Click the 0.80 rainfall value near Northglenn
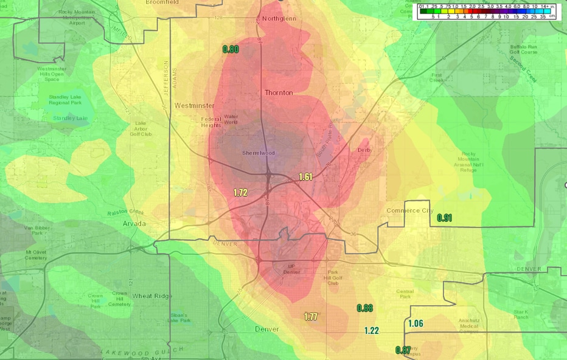point(231,49)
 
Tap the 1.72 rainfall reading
point(240,193)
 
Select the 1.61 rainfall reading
point(305,177)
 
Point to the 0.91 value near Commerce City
point(444,218)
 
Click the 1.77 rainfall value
point(311,317)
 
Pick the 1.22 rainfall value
point(372,331)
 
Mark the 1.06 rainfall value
point(416,324)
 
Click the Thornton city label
point(279,93)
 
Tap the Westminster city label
point(194,106)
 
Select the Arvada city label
point(134,224)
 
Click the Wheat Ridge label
point(152,296)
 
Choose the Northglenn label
point(279,18)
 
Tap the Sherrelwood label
point(259,153)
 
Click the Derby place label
point(364,150)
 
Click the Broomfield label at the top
point(162,2)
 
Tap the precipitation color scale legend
point(484,11)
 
